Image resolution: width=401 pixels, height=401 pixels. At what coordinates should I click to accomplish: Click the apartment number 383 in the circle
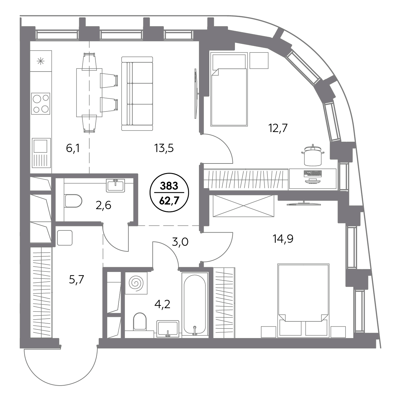point(169,186)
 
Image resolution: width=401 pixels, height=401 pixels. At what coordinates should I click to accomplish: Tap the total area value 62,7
point(169,201)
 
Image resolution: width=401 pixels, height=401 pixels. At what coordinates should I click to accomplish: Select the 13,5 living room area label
point(164,148)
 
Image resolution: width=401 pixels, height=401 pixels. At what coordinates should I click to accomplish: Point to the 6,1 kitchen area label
point(73,148)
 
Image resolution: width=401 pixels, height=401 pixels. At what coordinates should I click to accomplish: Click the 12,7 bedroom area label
point(278,128)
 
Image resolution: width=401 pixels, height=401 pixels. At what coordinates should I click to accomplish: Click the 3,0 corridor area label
point(180,242)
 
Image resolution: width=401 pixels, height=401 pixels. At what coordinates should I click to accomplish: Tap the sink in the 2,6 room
point(115,185)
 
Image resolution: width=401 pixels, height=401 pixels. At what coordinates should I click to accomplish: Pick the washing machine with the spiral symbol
point(136,283)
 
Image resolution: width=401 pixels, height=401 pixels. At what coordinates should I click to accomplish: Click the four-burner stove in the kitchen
point(41,103)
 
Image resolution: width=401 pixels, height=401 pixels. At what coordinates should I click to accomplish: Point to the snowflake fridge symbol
point(41,61)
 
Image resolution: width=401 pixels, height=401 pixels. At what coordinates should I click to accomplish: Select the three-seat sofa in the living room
point(137,94)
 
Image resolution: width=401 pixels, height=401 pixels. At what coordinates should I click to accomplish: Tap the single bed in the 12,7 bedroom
point(229,89)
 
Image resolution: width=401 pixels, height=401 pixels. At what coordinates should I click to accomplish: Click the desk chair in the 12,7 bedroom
point(313,155)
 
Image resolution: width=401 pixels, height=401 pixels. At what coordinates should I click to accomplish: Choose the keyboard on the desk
point(313,173)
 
